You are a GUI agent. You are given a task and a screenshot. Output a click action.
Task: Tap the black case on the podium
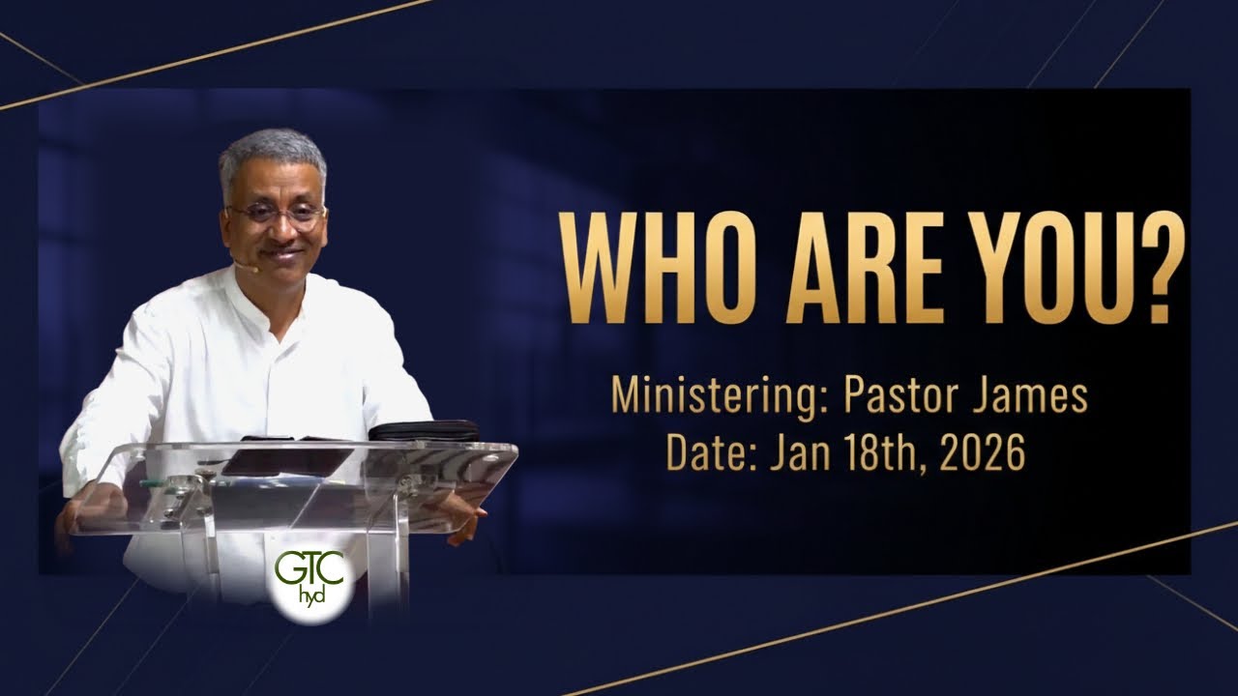point(424,430)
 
